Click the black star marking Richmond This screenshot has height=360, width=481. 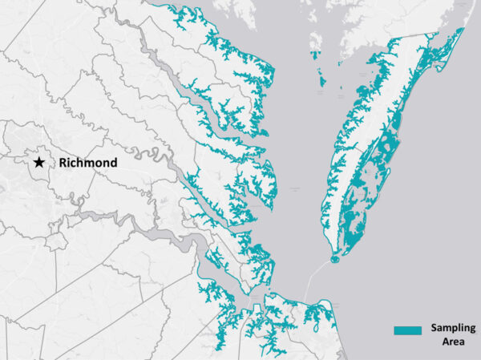(x=38, y=162)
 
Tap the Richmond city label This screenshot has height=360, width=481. (x=87, y=163)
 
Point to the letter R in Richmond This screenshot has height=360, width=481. (x=62, y=163)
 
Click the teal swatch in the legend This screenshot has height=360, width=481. (x=407, y=330)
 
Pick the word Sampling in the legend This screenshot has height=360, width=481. (x=452, y=329)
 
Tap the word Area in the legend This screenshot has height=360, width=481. (x=452, y=342)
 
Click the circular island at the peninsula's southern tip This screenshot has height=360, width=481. (x=335, y=258)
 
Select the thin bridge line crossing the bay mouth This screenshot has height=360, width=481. (x=317, y=276)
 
